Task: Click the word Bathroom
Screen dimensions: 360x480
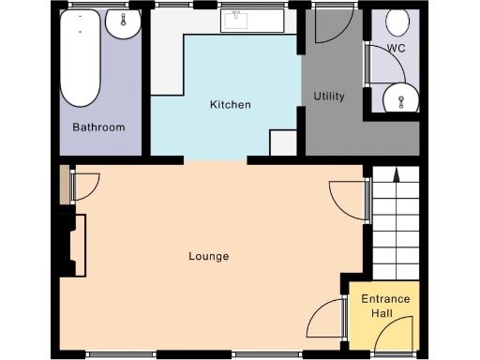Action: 98,127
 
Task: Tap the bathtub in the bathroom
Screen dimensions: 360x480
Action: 81,58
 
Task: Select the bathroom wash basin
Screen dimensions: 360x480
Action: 122,25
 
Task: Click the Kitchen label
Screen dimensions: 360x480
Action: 230,104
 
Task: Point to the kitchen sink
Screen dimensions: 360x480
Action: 234,21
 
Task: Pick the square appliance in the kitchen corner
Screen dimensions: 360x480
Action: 282,142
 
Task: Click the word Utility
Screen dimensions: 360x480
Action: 329,96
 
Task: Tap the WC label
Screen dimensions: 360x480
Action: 396,48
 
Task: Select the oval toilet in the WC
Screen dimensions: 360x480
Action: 397,21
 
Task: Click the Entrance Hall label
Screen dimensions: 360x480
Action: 386,305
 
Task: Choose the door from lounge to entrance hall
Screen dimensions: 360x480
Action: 325,319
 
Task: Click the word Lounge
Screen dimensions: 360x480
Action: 208,256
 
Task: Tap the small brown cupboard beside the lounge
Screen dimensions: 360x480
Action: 64,185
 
